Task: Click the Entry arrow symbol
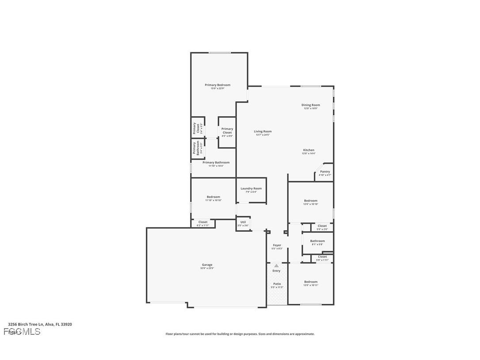276,265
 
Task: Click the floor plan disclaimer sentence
240,334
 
